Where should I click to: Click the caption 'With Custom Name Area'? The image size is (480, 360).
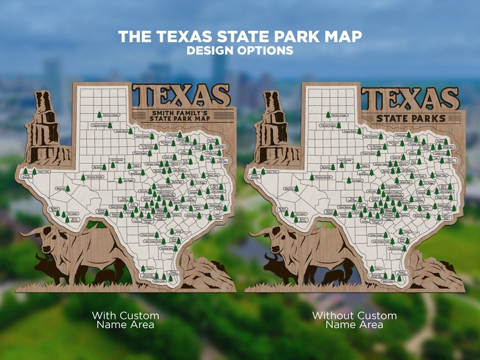coord(125,320)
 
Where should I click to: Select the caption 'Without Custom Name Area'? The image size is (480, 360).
coord(354,320)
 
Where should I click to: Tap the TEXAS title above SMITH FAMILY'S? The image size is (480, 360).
coord(181,95)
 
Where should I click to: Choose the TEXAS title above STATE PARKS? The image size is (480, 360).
coord(411,98)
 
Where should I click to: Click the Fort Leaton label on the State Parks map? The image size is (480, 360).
coord(300,214)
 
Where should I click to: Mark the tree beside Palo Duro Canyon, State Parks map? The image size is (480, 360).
coord(328,114)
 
